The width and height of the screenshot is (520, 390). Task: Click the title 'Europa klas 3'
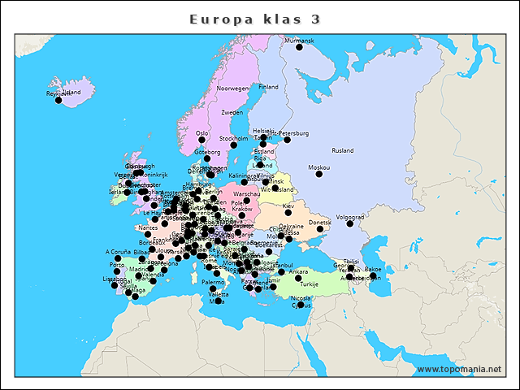click(254, 18)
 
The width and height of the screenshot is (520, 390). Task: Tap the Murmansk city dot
click(299, 47)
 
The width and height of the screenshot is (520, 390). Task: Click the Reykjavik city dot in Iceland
click(58, 100)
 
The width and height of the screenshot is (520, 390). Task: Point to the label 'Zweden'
click(232, 112)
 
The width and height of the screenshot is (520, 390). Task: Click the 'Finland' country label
click(268, 87)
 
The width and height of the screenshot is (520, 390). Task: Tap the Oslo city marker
click(202, 140)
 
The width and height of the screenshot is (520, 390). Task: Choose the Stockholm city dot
click(233, 145)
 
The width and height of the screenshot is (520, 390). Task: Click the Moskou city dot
click(320, 174)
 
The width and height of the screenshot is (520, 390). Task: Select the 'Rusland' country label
click(343, 150)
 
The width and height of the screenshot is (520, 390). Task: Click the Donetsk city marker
click(320, 229)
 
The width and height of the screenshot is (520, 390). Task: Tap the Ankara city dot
click(298, 278)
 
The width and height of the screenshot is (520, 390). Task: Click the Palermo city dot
click(213, 288)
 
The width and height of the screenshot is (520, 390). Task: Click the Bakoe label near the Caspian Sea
click(373, 268)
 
